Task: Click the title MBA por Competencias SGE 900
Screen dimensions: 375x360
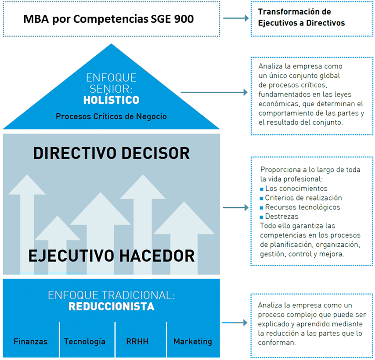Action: pos(108,19)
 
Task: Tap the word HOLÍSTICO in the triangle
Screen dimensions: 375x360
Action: pos(111,100)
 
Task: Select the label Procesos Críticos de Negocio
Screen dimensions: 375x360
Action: pos(111,116)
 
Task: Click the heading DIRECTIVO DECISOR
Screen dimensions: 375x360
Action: pos(112,153)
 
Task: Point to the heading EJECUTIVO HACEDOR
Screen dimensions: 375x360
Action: pos(112,256)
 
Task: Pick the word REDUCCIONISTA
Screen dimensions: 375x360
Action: pos(112,306)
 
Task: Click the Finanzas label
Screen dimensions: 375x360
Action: pos(31,342)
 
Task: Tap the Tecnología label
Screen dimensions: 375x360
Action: pos(85,342)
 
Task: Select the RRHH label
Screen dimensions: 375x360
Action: pos(137,342)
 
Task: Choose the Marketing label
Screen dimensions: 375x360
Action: pos(193,342)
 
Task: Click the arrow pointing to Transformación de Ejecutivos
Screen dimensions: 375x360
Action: pos(236,18)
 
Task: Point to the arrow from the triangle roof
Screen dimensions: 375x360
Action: pos(214,92)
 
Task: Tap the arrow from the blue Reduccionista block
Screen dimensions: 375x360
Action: pos(234,323)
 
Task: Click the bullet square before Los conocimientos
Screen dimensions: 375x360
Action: pos(262,189)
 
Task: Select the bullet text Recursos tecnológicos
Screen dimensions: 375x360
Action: pos(303,207)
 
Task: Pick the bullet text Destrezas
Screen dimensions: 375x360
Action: pos(282,216)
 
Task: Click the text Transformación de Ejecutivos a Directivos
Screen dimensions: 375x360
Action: pos(301,17)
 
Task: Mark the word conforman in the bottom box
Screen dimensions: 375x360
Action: pos(277,342)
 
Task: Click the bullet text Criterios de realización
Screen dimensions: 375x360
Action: pos(303,198)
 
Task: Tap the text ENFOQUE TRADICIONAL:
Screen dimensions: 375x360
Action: pos(112,295)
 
